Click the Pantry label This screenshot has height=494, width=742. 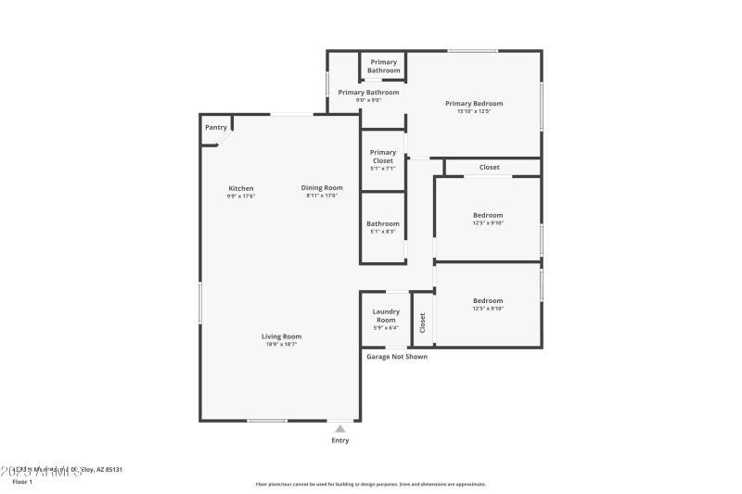pyautogui.click(x=215, y=127)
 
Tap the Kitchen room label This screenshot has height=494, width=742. pyautogui.click(x=240, y=188)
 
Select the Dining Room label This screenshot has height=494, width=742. pyautogui.click(x=322, y=188)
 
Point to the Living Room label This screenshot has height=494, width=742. pyautogui.click(x=281, y=336)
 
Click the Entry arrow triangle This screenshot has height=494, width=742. pyautogui.click(x=340, y=428)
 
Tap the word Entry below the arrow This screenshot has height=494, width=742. pyautogui.click(x=340, y=440)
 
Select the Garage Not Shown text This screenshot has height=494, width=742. pyautogui.click(x=397, y=356)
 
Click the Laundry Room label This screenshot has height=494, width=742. pyautogui.click(x=386, y=315)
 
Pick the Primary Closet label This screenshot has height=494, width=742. pyautogui.click(x=383, y=156)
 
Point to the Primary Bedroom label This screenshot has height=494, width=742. pyautogui.click(x=474, y=103)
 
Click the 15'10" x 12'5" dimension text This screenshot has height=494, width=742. pyautogui.click(x=474, y=111)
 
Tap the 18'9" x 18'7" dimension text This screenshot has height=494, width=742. pyautogui.click(x=281, y=345)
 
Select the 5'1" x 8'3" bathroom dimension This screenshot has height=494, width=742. pyautogui.click(x=382, y=232)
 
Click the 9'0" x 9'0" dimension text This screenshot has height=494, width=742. pyautogui.click(x=368, y=100)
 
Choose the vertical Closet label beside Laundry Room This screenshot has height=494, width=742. pyautogui.click(x=423, y=323)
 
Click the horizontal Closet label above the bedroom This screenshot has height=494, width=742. pyautogui.click(x=489, y=168)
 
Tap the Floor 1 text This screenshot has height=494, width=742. pyautogui.click(x=21, y=482)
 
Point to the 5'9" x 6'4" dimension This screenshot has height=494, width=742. pyautogui.click(x=386, y=327)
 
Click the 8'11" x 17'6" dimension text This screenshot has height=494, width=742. pyautogui.click(x=322, y=196)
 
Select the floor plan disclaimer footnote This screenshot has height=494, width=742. pyautogui.click(x=370, y=484)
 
